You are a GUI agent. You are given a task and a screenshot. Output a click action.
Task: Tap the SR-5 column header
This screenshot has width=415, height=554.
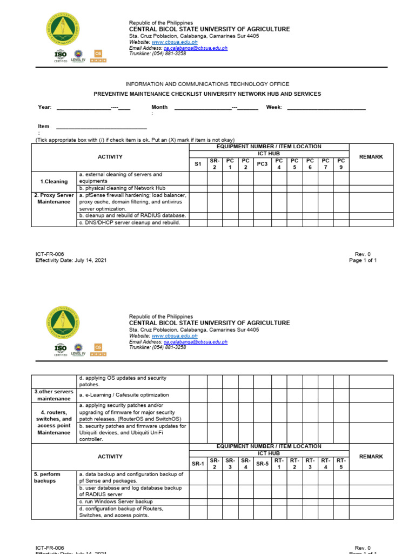coord(262,464)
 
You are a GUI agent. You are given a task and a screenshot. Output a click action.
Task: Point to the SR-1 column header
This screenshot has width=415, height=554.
coord(198,464)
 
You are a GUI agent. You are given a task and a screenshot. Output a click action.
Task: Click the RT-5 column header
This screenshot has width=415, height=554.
coord(340,464)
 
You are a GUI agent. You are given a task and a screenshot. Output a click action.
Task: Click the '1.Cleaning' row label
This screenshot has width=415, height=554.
coord(53,182)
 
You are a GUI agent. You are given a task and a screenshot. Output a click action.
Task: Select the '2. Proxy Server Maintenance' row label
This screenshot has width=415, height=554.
coord(53,198)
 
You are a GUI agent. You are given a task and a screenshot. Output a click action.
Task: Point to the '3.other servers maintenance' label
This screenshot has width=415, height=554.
coord(53,395)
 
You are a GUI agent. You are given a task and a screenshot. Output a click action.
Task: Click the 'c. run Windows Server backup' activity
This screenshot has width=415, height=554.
coord(116,502)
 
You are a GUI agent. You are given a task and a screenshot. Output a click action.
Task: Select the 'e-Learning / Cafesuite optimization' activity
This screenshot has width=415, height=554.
coord(124,395)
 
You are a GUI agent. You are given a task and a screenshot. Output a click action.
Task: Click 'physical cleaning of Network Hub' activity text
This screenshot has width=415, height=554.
coord(122,188)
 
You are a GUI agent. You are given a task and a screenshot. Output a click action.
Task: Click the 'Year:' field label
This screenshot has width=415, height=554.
coord(44,107)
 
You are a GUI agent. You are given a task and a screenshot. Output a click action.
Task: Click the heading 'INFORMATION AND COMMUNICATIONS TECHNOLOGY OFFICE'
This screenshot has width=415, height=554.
coord(207,84)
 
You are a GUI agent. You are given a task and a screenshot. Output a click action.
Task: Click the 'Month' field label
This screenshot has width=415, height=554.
coord(159,107)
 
